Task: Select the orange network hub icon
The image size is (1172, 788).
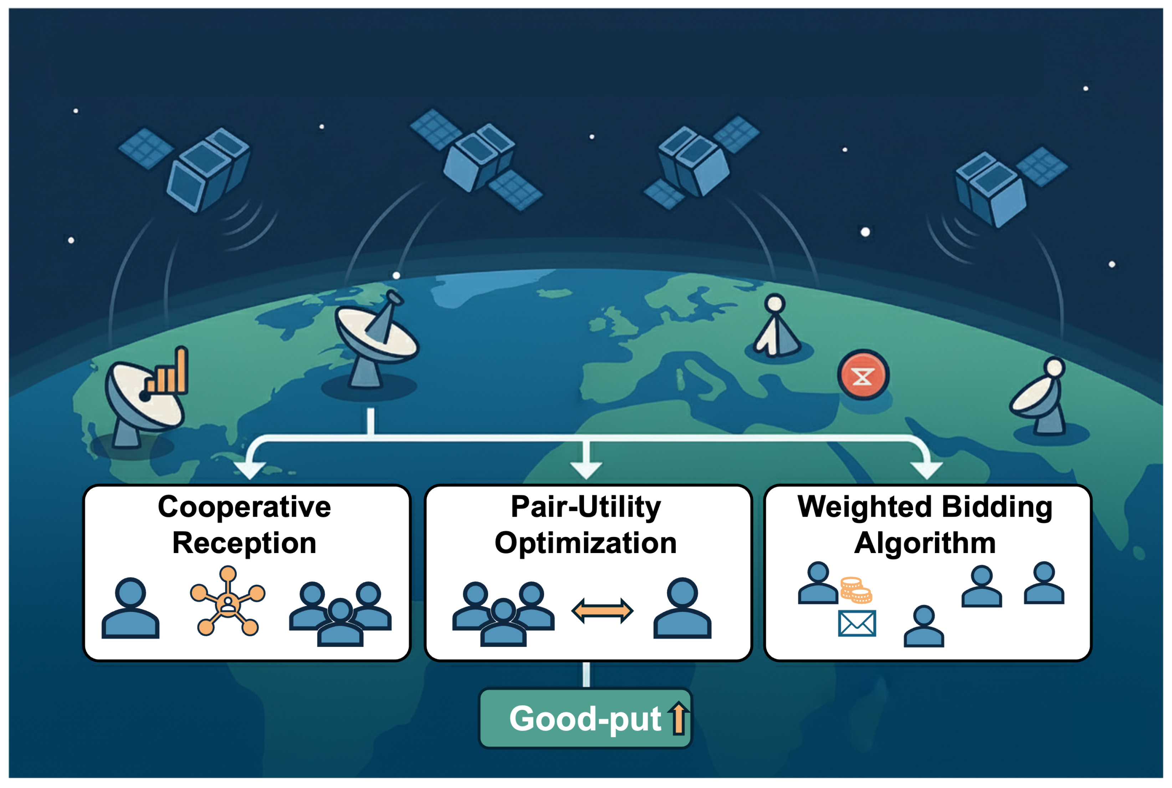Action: point(228,602)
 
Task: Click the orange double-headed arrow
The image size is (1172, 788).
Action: point(602,610)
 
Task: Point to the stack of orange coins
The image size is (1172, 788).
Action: point(856,590)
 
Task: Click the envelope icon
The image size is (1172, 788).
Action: point(857,623)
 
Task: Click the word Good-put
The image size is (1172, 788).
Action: point(584,718)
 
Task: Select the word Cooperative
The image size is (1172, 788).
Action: point(244,507)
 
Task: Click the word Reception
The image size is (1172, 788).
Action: point(244,543)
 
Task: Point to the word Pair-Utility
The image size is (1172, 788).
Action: point(586,507)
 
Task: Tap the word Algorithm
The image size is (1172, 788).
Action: point(925,543)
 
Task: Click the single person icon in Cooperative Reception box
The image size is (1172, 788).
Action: point(130,608)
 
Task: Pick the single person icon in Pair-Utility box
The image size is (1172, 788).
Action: point(682,608)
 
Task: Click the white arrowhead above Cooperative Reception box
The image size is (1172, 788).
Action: point(250,470)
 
